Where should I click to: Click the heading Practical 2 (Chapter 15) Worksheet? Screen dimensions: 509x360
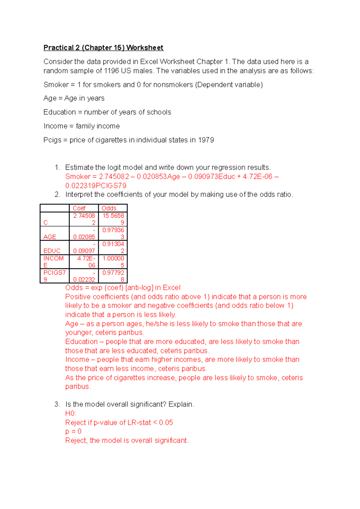coord(103,48)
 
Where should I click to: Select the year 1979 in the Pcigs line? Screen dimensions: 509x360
coord(206,140)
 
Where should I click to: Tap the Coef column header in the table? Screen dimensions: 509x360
coord(79,208)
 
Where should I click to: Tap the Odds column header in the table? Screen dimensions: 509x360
coord(109,208)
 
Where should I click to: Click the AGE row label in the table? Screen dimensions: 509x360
coord(50,237)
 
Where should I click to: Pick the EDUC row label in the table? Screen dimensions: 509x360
coord(52,251)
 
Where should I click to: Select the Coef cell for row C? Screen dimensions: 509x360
coord(84,219)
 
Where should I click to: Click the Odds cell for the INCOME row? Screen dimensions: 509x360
coord(113,262)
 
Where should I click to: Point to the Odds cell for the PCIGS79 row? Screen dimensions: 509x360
coord(113,276)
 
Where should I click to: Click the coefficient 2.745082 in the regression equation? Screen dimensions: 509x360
coord(114,177)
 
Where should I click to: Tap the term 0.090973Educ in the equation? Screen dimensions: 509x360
coord(211,177)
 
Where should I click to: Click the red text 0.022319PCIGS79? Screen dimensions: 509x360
coord(96,186)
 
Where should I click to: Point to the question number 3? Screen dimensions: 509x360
coord(57,404)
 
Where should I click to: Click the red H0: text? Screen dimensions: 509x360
coord(71,413)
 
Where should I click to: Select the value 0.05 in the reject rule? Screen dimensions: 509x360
coord(166,422)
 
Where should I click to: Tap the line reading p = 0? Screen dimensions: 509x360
coord(73,431)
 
